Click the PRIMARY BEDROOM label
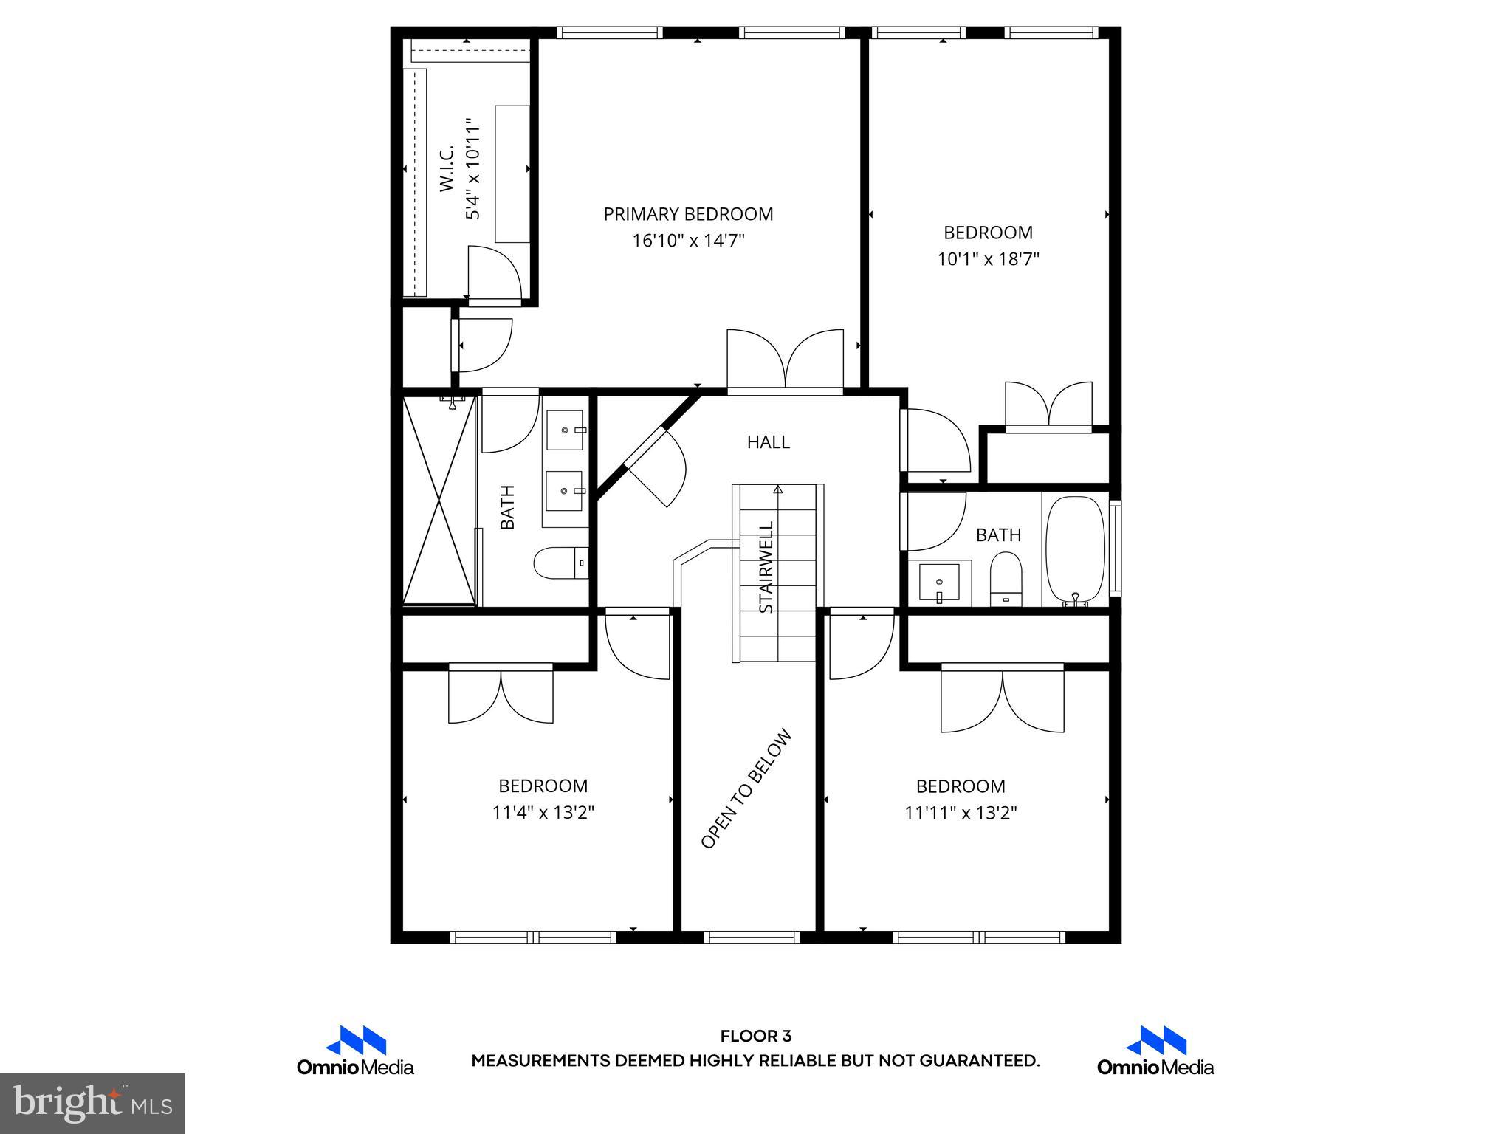688,214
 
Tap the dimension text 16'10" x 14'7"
688,241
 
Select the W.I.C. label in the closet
447,169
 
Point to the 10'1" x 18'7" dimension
988,259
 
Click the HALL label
768,442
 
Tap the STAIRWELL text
767,567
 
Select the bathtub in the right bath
1075,550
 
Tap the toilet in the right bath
1005,579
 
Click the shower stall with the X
439,501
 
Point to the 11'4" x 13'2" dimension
543,813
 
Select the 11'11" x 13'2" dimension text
961,813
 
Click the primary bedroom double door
785,361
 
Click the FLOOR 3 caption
755,1037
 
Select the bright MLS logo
92,1104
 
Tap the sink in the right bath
939,583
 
